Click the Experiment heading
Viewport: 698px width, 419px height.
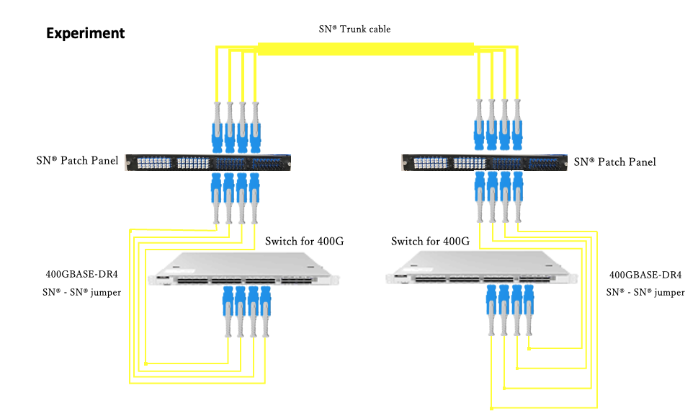tap(85, 33)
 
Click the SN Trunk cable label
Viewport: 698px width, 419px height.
tap(354, 29)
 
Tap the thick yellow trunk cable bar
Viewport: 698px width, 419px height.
tap(365, 49)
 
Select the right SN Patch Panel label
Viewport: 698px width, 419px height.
tap(614, 162)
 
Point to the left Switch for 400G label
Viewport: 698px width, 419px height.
tap(304, 241)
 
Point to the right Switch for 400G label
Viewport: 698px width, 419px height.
tap(430, 241)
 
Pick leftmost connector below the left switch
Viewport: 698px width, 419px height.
tap(228, 310)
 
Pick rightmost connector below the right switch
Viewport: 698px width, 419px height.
tap(529, 310)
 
